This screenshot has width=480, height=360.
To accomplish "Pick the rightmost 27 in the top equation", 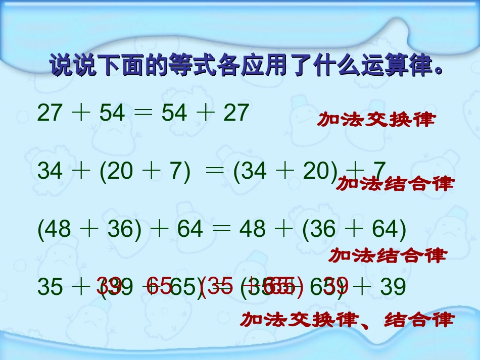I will [236, 113].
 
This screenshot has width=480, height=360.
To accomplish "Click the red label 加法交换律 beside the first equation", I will [376, 120].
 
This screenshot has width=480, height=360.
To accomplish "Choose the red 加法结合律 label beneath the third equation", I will [388, 255].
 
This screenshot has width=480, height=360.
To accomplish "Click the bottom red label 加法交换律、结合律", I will [347, 320].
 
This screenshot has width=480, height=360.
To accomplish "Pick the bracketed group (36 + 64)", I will [354, 230].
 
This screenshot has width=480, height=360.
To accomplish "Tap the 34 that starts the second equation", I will [50, 172].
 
